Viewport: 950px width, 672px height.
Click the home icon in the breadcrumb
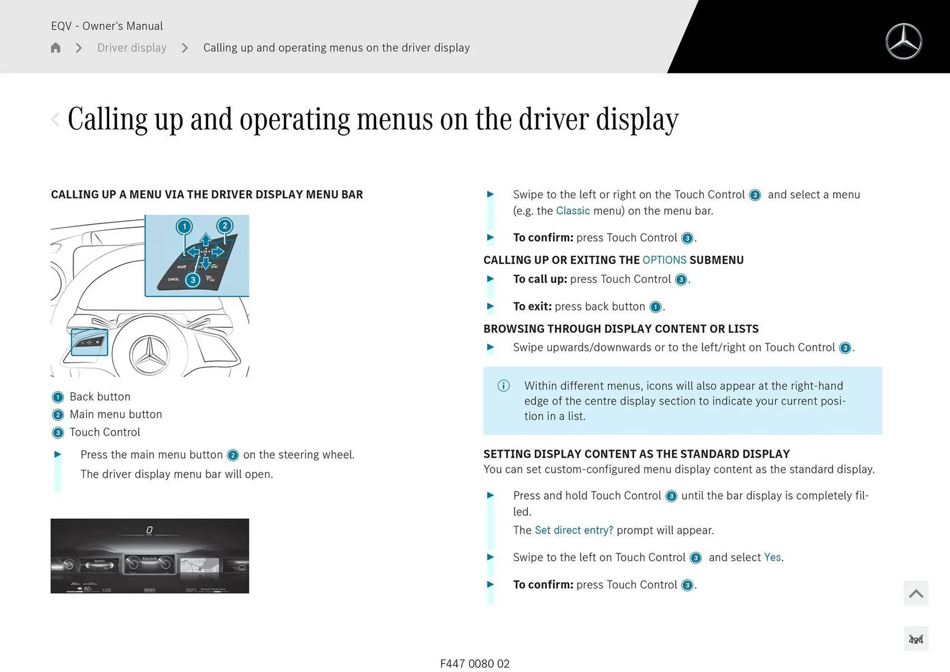[x=55, y=48]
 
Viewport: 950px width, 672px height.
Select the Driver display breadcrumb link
[x=132, y=48]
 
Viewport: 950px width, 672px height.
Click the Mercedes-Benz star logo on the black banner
[x=903, y=42]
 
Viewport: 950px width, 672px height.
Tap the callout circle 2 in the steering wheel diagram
[x=225, y=226]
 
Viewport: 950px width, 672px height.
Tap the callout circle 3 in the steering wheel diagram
[x=193, y=280]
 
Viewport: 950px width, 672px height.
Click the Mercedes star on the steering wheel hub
[x=149, y=355]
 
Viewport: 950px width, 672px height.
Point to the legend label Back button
[x=100, y=397]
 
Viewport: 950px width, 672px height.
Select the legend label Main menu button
[x=116, y=415]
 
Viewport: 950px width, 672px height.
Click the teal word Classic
[x=572, y=211]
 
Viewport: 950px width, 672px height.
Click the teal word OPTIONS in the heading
[x=664, y=260]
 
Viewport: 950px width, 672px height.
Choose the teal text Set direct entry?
[x=573, y=530]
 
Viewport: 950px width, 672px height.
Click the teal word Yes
[x=772, y=558]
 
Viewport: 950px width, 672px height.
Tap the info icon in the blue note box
[x=503, y=386]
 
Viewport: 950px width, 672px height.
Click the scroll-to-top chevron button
[x=915, y=593]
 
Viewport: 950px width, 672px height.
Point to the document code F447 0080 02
[x=475, y=664]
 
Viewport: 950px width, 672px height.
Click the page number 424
[x=915, y=640]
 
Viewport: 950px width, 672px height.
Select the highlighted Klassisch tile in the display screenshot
[x=149, y=564]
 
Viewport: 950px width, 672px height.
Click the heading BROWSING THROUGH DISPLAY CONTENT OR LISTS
[x=620, y=329]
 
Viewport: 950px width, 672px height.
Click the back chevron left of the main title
[x=55, y=119]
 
